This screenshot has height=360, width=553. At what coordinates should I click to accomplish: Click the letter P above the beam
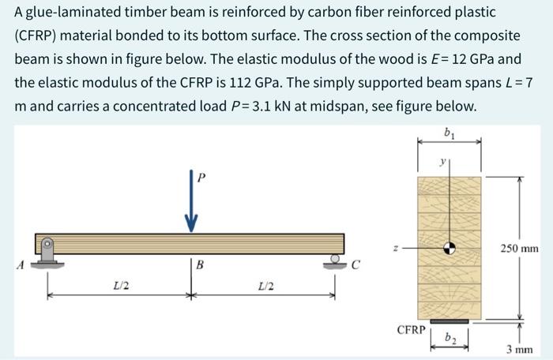pyautogui.click(x=201, y=178)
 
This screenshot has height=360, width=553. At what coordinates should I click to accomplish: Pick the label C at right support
pyautogui.click(x=356, y=266)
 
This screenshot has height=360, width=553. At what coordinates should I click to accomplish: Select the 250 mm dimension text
pyautogui.click(x=519, y=249)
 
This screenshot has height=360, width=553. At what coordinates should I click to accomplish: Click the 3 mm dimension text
pyautogui.click(x=519, y=349)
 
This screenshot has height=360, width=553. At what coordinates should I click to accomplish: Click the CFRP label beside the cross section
pyautogui.click(x=411, y=328)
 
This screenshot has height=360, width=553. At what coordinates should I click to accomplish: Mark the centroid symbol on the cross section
pyautogui.click(x=450, y=248)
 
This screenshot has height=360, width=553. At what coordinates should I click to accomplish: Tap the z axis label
pyautogui.click(x=405, y=247)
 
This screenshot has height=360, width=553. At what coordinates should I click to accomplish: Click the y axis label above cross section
pyautogui.click(x=444, y=163)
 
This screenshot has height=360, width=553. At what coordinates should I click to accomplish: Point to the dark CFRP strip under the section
pyautogui.click(x=450, y=321)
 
